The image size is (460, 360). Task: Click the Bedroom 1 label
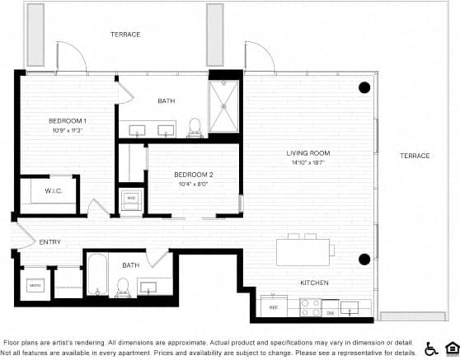[68, 121]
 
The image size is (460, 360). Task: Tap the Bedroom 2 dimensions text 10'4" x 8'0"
[194, 185]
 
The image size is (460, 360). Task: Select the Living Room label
[308, 153]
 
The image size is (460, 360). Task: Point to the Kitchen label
[314, 283]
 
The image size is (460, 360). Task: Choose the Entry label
[49, 241]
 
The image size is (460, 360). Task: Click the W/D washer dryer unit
[130, 198]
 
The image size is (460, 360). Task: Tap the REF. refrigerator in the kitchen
[274, 307]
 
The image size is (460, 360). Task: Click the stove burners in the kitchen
[310, 307]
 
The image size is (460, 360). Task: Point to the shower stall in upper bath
[223, 106]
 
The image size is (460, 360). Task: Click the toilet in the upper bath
[195, 126]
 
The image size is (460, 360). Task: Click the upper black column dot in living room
[364, 87]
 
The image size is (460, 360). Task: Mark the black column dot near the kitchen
[364, 259]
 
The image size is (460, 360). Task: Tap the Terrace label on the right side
[415, 156]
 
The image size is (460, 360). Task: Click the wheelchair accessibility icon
[430, 348]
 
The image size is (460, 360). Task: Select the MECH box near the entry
[35, 285]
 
